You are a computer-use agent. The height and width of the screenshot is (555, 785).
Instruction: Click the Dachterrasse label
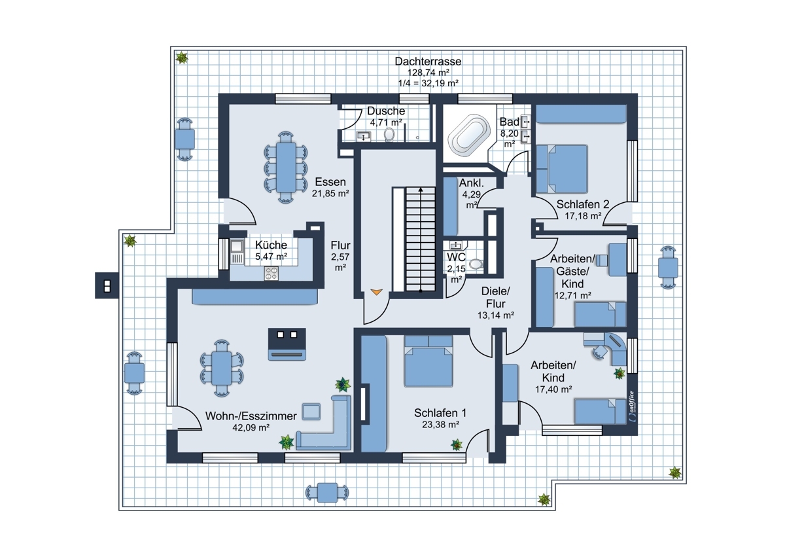pos(428,61)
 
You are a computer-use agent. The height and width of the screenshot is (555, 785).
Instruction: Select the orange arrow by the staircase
pos(376,292)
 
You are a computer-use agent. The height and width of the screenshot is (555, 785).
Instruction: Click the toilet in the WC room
pos(475,264)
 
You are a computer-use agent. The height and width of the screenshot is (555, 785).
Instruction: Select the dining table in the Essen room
pos(286,164)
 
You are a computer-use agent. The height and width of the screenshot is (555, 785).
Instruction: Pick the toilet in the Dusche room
pos(390,134)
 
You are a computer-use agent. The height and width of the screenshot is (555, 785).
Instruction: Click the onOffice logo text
pos(631,406)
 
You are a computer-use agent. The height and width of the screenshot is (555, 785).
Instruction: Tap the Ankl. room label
pos(471,183)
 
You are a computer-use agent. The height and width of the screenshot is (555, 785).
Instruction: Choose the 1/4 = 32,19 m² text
pos(428,83)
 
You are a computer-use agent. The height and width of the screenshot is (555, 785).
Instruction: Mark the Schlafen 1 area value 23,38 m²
pos(440,424)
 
